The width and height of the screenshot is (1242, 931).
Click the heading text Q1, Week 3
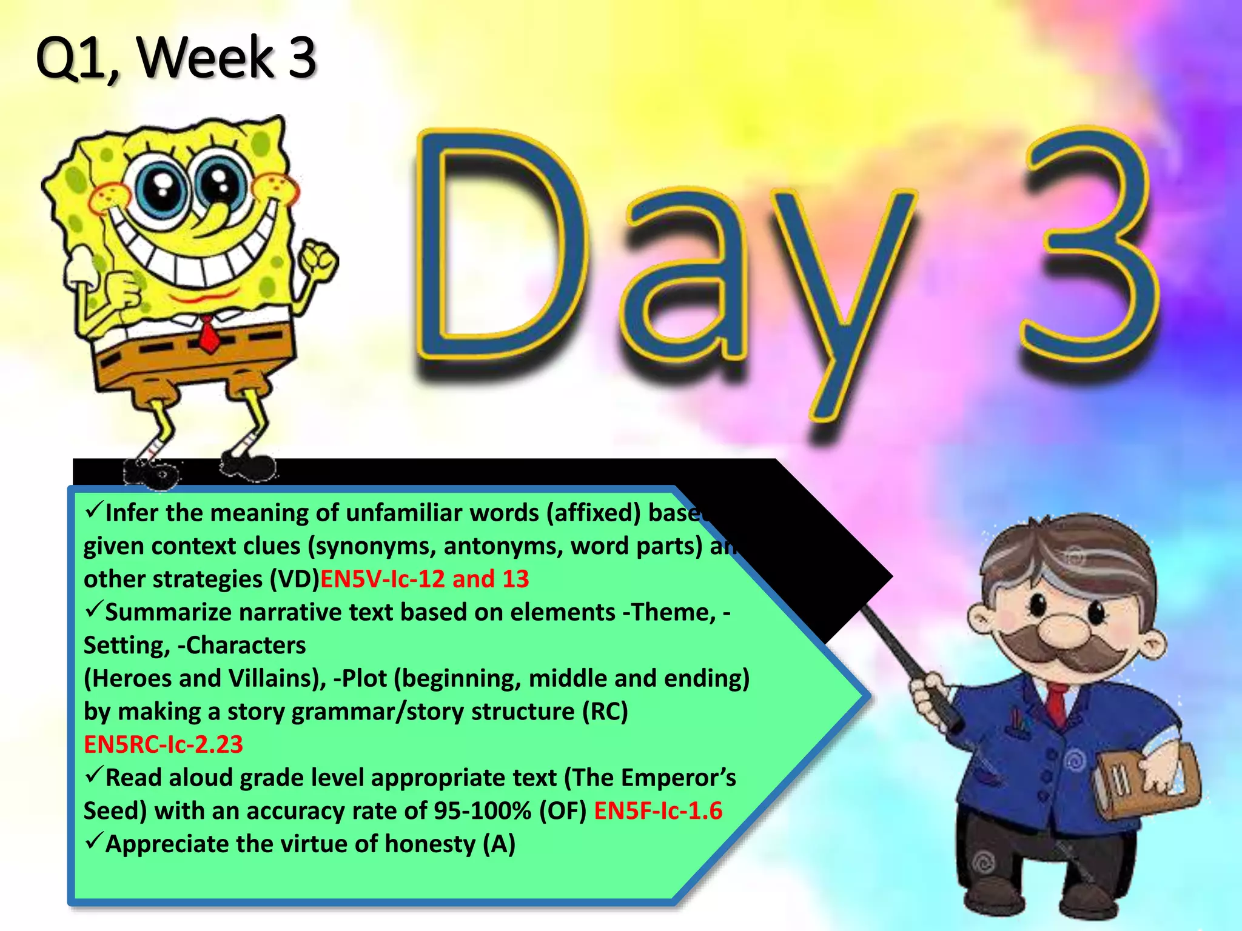tap(176, 58)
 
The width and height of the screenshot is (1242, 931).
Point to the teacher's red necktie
tap(1058, 703)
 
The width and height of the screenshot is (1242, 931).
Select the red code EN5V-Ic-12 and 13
tap(425, 579)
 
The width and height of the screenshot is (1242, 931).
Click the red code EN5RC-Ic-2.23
tap(163, 744)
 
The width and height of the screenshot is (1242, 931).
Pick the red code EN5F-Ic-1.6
tap(658, 811)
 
